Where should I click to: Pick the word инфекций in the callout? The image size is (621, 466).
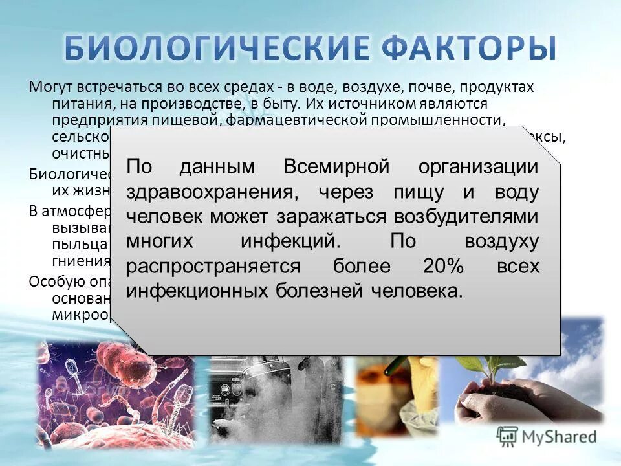coord(289,241)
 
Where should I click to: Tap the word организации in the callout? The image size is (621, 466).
coord(478,166)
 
